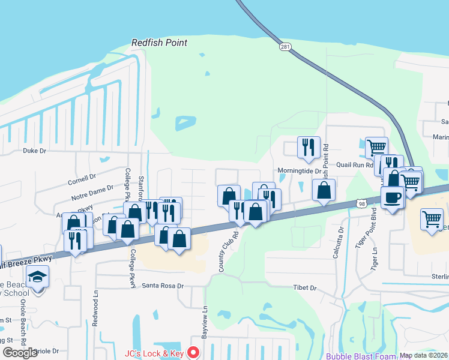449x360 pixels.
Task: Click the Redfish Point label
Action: click(159, 43)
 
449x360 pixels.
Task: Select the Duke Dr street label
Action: click(34, 151)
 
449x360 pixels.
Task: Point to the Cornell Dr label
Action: click(82, 178)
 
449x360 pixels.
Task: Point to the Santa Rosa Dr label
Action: click(162, 286)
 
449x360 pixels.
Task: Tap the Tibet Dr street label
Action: click(304, 288)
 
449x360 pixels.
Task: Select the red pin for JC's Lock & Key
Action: click(193, 353)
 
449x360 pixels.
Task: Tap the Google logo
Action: click(20, 353)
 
